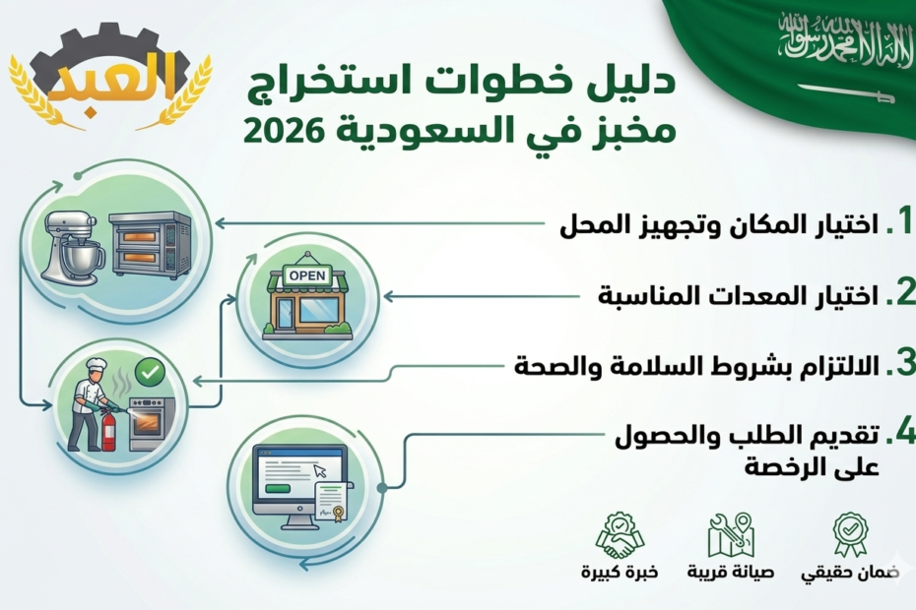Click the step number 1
pos(897,223)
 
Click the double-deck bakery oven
pos(150,246)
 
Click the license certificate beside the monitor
pos(336,498)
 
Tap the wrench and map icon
pos(731,534)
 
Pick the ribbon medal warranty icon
pos(849,533)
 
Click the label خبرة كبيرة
pos(619,572)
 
